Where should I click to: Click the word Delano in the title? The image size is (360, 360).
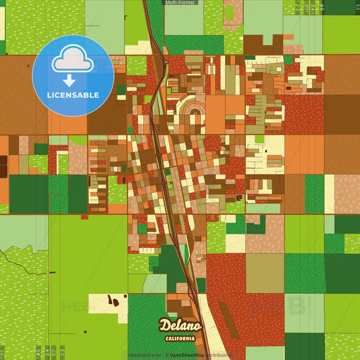(x=178, y=326)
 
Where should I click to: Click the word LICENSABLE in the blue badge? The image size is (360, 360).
(x=72, y=95)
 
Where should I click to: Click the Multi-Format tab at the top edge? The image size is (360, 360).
(x=180, y=3)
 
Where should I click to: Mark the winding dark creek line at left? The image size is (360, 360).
(x=17, y=257)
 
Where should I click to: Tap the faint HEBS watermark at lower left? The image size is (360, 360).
(x=74, y=307)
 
